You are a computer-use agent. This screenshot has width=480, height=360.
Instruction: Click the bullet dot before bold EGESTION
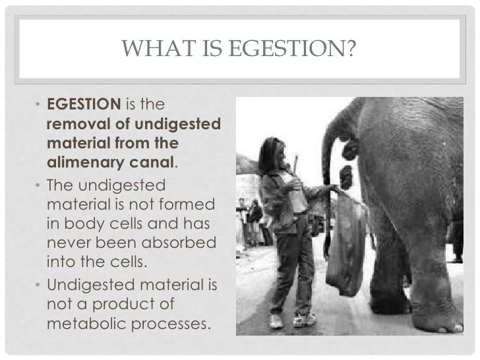[39, 105]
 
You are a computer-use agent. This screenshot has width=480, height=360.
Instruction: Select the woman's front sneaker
[276, 322]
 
